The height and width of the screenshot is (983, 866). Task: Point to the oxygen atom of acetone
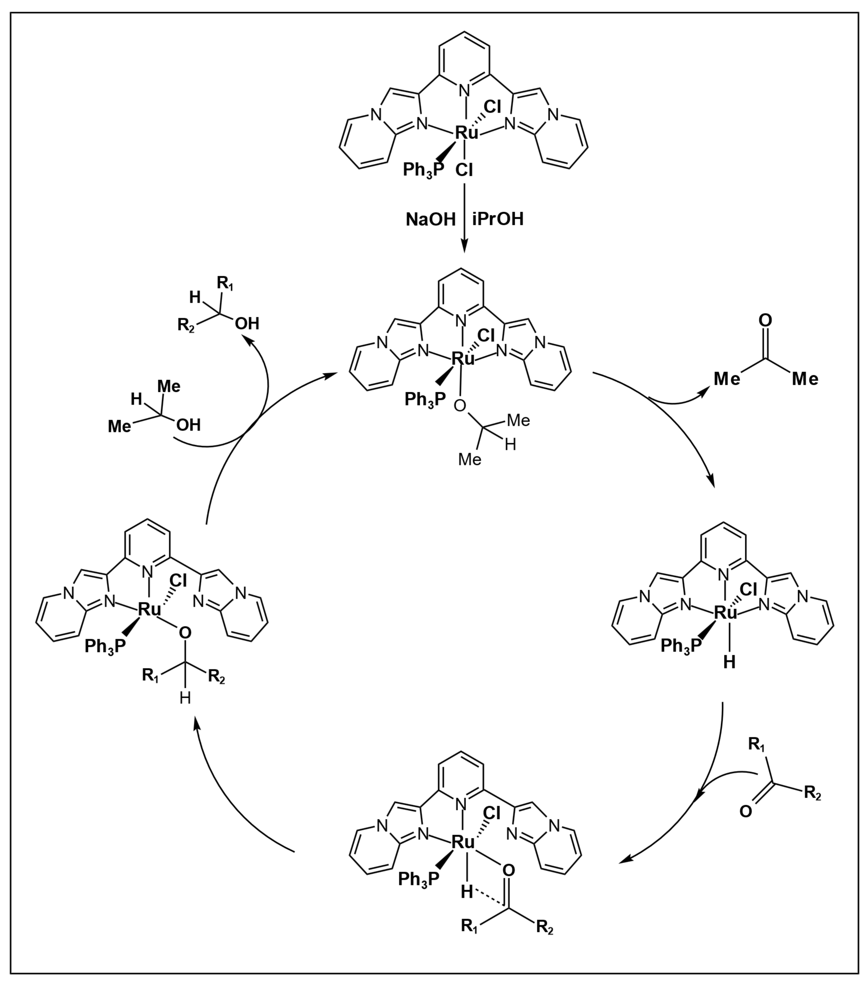tap(765, 320)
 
